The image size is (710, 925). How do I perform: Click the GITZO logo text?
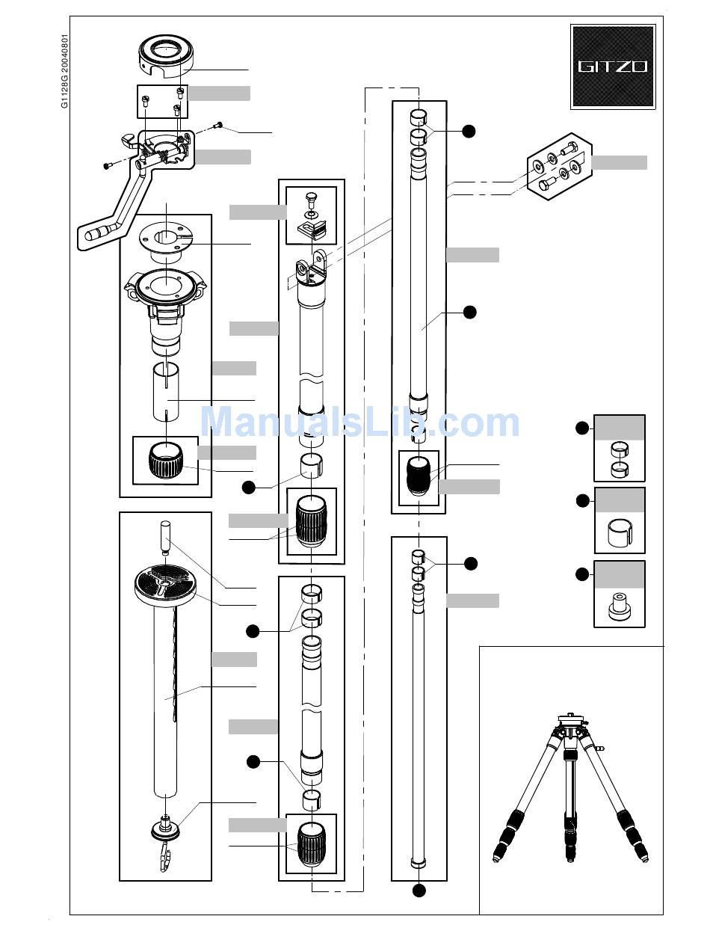[613, 67]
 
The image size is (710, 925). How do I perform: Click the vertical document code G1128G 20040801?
[64, 71]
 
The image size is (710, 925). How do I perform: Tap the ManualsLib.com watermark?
[360, 422]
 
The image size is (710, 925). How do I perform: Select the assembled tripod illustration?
[570, 788]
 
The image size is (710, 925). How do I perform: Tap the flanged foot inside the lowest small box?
[620, 607]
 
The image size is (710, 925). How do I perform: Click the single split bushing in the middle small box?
[620, 532]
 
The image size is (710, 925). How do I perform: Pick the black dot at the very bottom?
[419, 890]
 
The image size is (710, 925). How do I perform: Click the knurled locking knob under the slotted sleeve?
[166, 460]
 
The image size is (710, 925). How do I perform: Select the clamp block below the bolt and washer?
[312, 231]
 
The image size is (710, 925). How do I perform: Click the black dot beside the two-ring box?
[582, 428]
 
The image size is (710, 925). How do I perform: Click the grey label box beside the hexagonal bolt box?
[620, 162]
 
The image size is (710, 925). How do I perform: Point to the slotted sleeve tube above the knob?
[166, 391]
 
